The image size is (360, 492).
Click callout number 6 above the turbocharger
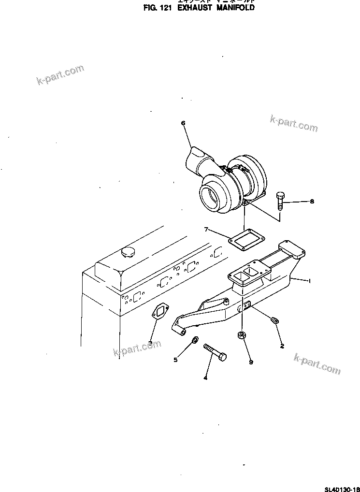[183, 123]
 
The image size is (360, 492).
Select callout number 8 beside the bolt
[312, 202]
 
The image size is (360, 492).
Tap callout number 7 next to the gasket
[206, 229]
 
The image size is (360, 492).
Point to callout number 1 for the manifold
[310, 281]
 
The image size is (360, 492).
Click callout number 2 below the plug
[282, 346]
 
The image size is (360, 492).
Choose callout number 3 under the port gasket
[151, 343]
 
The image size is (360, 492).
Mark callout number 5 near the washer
[176, 359]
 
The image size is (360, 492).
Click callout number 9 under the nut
[251, 362]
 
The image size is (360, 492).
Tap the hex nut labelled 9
[242, 335]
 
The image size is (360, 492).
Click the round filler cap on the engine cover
[129, 252]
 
